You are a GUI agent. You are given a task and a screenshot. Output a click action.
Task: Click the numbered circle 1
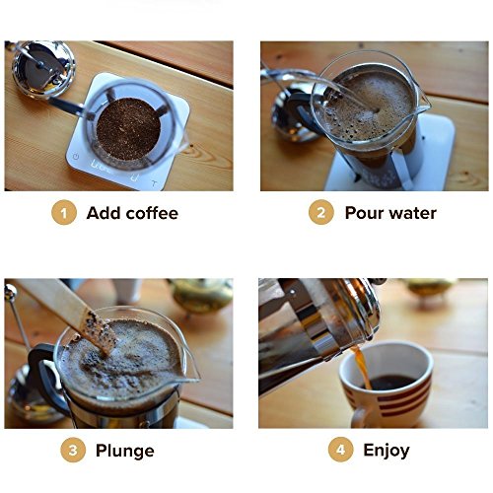(x=64, y=213)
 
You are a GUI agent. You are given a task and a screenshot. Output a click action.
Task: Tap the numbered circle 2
(x=321, y=212)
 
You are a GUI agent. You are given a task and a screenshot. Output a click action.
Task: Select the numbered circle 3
(x=73, y=450)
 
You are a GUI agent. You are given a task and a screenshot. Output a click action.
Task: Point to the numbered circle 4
(x=341, y=450)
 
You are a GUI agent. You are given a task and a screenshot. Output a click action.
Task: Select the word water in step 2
(x=411, y=213)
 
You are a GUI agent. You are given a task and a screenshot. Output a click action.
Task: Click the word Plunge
(x=125, y=451)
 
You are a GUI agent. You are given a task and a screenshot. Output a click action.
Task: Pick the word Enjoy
(x=387, y=451)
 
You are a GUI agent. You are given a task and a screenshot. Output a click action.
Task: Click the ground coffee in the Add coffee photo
(x=128, y=129)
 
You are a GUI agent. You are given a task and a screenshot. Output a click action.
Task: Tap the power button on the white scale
(x=76, y=157)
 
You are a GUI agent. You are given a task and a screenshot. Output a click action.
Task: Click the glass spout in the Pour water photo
(x=421, y=99)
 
